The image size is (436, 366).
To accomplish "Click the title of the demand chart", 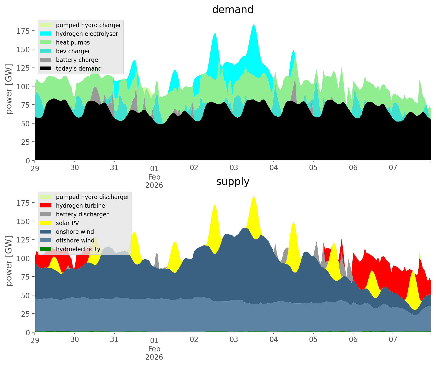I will pos(233,10).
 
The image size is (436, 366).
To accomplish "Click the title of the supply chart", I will pos(233,182).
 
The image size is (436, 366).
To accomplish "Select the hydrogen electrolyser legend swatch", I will pos(46,34).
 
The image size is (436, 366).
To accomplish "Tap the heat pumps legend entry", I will pos(73,42).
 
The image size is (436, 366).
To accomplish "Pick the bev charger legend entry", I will pos(73,51).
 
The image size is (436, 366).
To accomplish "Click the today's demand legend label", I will pos(79,69).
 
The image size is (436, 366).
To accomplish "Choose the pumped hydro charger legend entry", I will pos(88,25).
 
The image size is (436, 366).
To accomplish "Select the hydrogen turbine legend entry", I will pos(81,206).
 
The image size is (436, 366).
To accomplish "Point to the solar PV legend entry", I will pos(67,223).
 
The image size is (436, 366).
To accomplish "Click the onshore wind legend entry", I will pos(75,232).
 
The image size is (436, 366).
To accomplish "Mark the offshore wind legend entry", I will pos(75,240).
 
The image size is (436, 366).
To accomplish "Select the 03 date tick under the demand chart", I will pos(234,168).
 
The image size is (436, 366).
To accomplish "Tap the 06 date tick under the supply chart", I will pos(353,340).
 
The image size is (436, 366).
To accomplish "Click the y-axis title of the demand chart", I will pos(9,89).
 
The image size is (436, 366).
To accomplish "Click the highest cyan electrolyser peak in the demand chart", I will pos(254,25).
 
